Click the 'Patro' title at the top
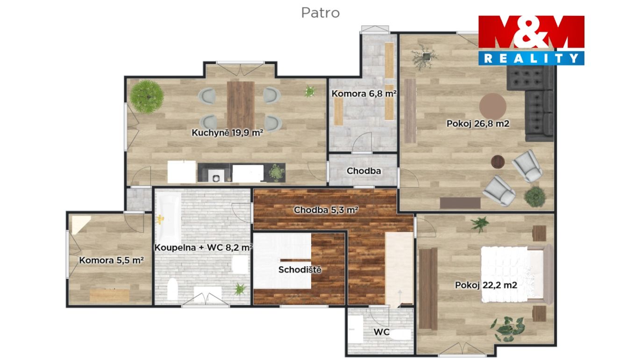click(x=320, y=13)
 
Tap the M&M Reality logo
click(x=531, y=40)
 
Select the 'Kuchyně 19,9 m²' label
click(x=227, y=133)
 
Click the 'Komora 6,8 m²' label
click(x=363, y=93)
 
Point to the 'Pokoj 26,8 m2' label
click(x=478, y=124)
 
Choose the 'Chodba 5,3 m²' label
click(x=326, y=210)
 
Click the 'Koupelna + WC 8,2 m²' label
click(x=203, y=247)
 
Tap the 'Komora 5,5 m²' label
click(x=111, y=260)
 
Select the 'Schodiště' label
click(x=300, y=269)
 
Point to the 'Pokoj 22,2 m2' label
click(x=486, y=285)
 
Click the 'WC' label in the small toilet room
click(x=381, y=332)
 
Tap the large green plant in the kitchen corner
click(x=147, y=97)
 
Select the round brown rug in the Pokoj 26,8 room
click(x=493, y=106)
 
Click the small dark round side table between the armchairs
click(x=498, y=162)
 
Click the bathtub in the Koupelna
click(x=168, y=219)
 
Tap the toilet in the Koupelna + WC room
click(x=172, y=289)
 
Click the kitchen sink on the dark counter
click(x=216, y=176)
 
